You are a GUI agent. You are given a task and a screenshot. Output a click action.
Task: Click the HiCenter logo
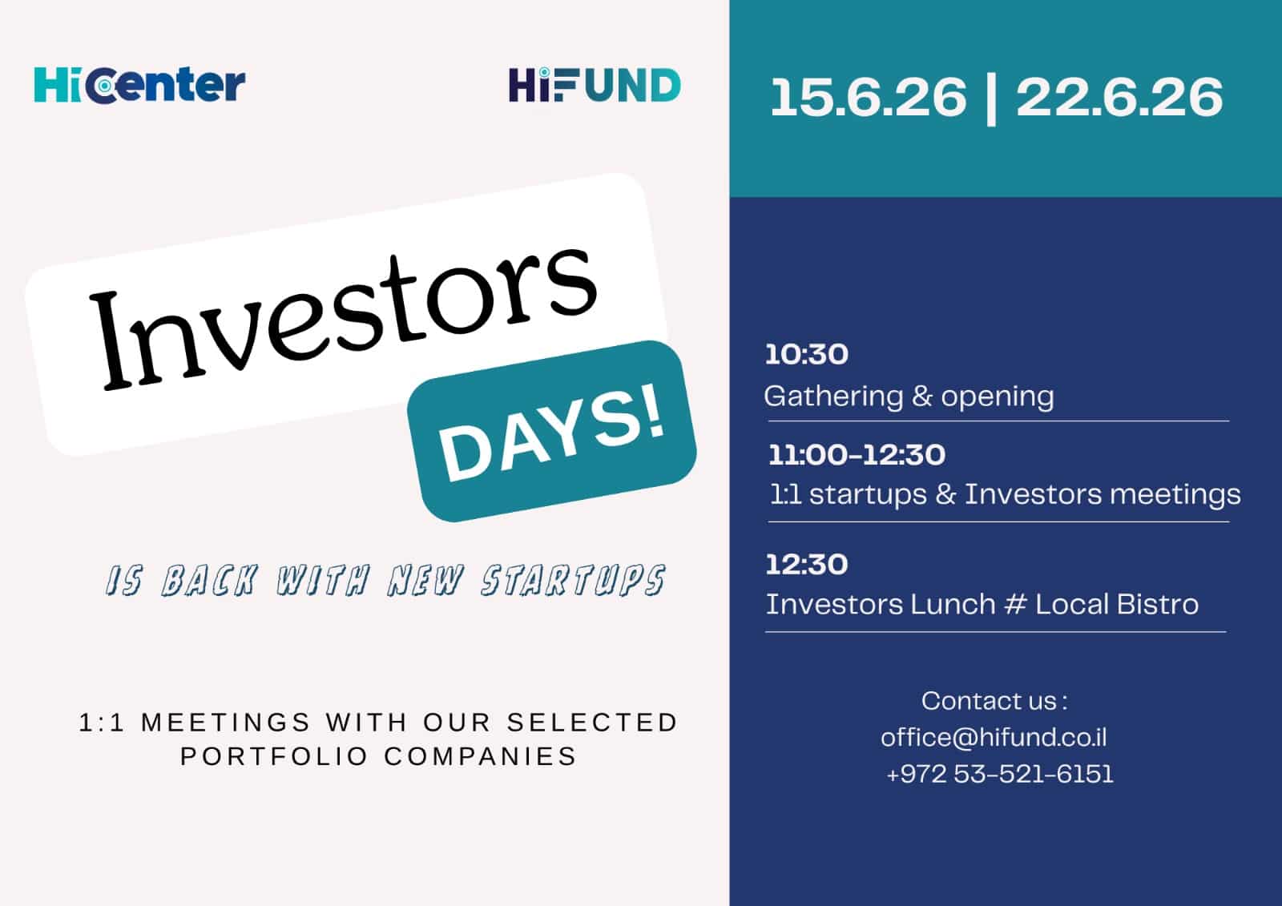click(x=139, y=85)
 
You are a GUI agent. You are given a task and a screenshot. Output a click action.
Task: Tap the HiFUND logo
click(x=595, y=85)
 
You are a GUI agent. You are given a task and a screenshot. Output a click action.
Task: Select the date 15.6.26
click(x=869, y=97)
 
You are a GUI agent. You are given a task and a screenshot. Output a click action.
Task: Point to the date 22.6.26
click(x=1119, y=97)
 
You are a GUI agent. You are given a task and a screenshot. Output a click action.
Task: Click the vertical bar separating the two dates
click(x=991, y=101)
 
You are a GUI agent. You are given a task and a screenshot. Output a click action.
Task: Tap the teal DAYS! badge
click(x=552, y=431)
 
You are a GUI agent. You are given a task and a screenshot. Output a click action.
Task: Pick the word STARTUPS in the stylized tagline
click(x=573, y=580)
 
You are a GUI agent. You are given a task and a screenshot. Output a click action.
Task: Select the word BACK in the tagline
click(x=210, y=580)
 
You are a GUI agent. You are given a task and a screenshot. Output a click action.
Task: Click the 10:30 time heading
click(x=807, y=354)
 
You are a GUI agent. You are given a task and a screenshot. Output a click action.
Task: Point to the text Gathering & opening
click(x=909, y=397)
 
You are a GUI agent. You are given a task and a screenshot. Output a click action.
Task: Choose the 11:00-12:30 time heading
click(x=857, y=455)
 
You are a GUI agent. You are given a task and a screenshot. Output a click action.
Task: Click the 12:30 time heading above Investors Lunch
click(x=807, y=564)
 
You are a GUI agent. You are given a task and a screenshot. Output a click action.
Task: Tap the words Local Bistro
click(x=1117, y=604)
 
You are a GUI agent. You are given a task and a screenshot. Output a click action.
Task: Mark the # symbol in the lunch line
click(x=1015, y=604)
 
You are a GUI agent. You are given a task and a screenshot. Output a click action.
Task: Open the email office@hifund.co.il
click(x=994, y=737)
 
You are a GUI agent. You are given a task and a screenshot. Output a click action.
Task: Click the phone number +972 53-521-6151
click(x=999, y=774)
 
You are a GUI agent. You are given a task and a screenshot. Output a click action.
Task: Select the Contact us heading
click(x=994, y=701)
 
